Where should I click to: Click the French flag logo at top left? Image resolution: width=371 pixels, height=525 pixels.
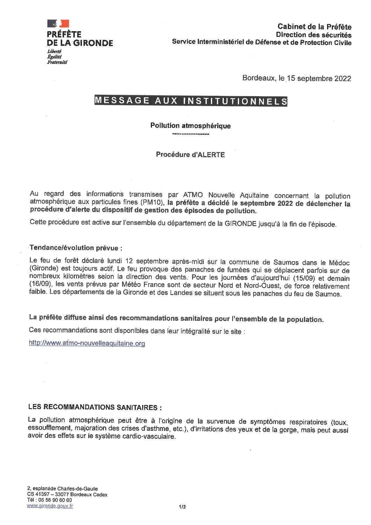[58, 24]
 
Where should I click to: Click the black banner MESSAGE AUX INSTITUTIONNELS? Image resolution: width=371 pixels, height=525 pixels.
[191, 101]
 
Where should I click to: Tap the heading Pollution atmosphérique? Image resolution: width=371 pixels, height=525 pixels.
[190, 125]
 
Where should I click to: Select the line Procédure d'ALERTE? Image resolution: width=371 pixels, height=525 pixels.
[190, 155]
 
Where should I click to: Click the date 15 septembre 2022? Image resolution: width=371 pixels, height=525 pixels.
[319, 78]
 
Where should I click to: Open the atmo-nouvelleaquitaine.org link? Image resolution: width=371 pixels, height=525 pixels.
[87, 343]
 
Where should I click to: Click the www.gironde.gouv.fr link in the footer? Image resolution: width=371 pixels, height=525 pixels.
[50, 506]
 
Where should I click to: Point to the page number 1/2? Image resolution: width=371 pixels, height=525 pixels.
[182, 507]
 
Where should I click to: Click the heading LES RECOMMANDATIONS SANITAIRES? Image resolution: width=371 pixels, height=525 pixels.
[95, 407]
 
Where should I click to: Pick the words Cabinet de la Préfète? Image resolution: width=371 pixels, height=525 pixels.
[314, 27]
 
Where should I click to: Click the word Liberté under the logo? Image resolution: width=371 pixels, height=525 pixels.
[54, 52]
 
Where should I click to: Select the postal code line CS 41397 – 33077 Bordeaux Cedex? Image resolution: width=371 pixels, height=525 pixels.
[67, 494]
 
